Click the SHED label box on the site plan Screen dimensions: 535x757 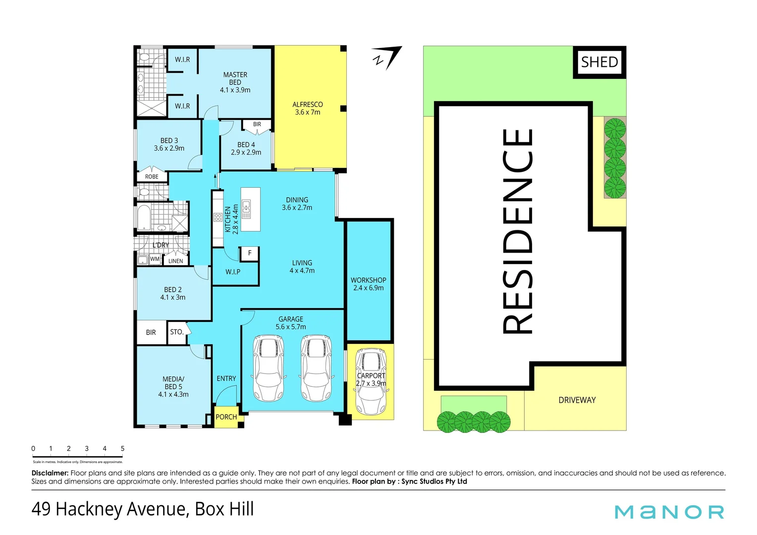click(599, 62)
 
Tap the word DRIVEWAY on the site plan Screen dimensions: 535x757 click(577, 400)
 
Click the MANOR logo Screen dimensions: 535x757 click(669, 512)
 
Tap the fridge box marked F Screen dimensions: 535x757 click(250, 253)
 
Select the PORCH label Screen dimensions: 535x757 click(226, 417)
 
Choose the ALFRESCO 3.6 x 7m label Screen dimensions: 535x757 click(307, 108)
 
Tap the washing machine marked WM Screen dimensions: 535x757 click(155, 259)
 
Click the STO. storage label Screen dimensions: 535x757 click(176, 332)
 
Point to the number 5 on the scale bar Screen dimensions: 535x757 click(122, 449)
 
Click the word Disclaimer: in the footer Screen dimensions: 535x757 click(50, 473)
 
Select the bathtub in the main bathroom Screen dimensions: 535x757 click(143, 217)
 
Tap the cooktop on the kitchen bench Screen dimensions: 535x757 click(217, 217)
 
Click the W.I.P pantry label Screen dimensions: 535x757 click(233, 272)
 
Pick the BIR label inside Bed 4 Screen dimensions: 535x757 click(257, 124)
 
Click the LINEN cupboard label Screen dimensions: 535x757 click(175, 261)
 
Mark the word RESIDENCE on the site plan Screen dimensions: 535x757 click(518, 231)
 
